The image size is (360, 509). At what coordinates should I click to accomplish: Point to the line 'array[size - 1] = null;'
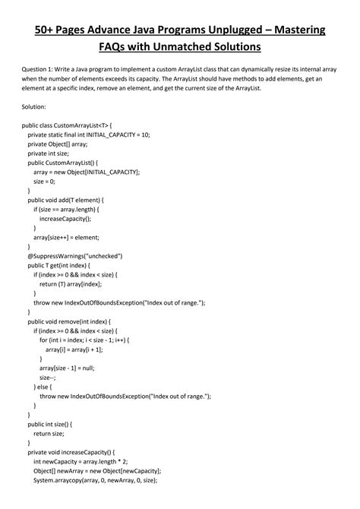(77, 368)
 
